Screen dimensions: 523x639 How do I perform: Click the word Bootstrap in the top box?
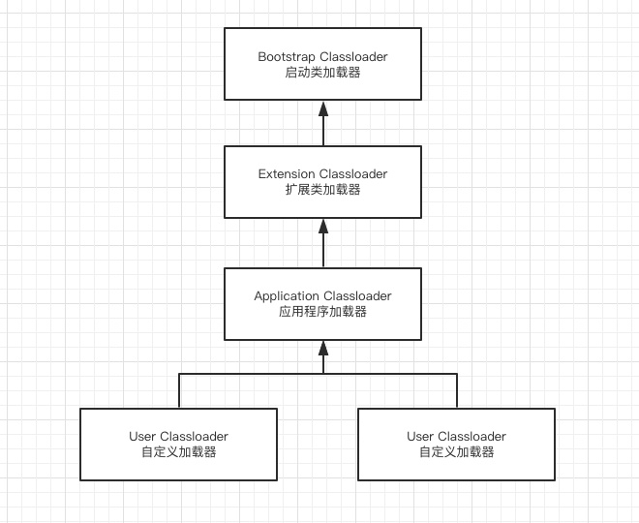[287, 56]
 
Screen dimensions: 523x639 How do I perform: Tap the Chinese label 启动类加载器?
[322, 73]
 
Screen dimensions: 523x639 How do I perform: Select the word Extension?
[287, 174]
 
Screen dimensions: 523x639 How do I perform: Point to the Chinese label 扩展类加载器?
[322, 191]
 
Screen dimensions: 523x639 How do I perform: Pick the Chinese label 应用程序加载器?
[322, 312]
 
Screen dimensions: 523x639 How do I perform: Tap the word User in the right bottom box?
[421, 437]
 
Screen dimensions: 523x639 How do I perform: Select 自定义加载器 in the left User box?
[178, 452]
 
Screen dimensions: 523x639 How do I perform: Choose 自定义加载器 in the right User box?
[457, 452]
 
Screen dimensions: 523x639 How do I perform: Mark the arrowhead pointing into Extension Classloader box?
[322, 226]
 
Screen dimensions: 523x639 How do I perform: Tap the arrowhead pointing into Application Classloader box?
[322, 347]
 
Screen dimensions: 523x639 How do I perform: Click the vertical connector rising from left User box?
[179, 390]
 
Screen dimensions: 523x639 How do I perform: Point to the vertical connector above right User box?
[457, 390]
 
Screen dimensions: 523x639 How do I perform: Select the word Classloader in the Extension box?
[353, 174]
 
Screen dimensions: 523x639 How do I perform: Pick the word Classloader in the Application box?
[357, 295]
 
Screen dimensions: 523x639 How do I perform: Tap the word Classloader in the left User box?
[195, 437]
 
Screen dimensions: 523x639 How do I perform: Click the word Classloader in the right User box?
[472, 437]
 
